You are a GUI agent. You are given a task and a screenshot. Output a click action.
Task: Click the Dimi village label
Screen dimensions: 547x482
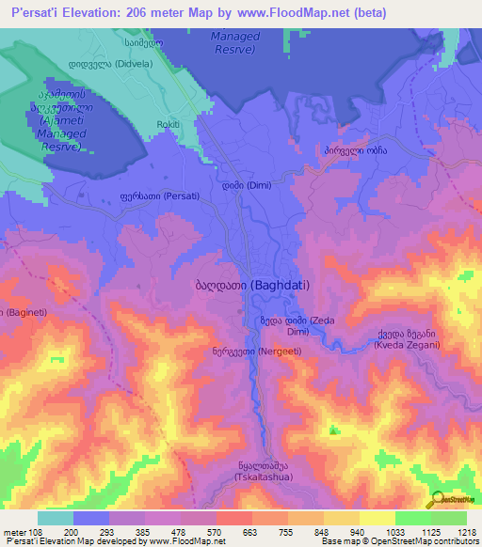coord(247,185)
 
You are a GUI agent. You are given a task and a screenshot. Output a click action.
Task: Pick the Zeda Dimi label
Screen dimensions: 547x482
coord(297,326)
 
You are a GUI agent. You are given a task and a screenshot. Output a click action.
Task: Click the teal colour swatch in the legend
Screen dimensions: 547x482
coord(55,518)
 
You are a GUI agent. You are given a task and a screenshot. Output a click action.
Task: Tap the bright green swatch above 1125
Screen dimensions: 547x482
coord(413,518)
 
